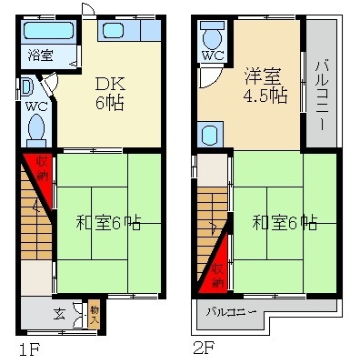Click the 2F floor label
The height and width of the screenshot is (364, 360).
click(203, 348)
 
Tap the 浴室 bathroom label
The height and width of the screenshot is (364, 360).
click(38, 53)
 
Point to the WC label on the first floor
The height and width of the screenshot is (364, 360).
click(36, 106)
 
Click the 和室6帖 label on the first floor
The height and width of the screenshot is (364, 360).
click(106, 220)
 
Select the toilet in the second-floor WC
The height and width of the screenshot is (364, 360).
click(213, 37)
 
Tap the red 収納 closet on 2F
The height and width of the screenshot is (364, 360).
click(216, 265)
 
